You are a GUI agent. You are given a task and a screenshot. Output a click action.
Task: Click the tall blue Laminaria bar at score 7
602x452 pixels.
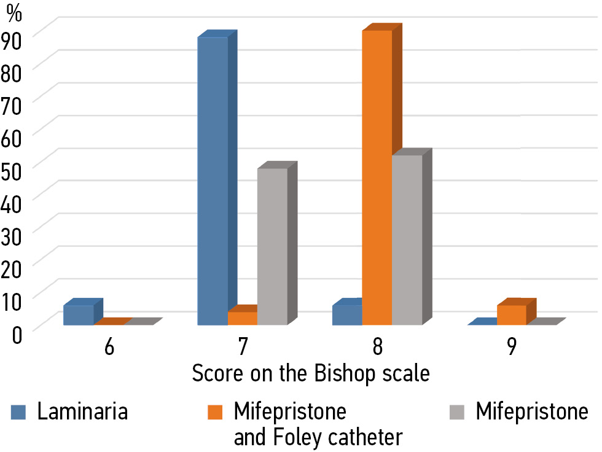(213, 181)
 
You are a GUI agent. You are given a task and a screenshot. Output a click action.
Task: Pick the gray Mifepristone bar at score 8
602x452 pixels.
(407, 240)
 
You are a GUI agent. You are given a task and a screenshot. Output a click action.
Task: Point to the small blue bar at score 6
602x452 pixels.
(79, 314)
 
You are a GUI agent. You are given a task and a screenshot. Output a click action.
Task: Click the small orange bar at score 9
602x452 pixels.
(512, 314)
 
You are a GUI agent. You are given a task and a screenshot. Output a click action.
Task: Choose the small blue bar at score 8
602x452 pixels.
(347, 314)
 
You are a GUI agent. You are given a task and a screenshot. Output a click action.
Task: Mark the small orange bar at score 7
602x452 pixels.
(243, 318)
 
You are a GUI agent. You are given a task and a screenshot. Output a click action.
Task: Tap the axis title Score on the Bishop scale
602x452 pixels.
(311, 373)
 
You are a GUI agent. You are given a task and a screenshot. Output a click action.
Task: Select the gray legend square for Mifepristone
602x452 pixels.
(459, 412)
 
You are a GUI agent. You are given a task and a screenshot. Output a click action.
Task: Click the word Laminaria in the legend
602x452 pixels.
(82, 411)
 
